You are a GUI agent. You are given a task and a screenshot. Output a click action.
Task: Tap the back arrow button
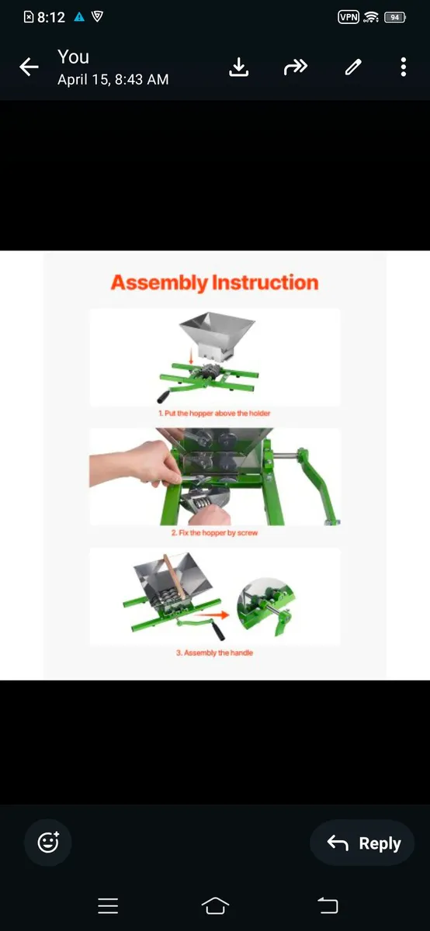29,67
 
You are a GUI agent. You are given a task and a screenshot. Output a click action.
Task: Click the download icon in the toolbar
239,67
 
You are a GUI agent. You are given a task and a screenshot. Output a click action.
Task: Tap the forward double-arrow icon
296,67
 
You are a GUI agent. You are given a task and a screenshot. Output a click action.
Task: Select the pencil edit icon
353,67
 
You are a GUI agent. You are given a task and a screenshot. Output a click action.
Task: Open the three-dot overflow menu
404,67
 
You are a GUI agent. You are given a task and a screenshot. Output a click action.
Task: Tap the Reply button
362,843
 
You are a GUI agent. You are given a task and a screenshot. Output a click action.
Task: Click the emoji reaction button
48,842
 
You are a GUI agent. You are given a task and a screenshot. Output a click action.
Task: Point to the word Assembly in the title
159,282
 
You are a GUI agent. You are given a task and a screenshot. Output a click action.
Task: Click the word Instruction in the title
265,282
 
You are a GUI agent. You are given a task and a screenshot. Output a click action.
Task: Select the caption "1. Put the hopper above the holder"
214,414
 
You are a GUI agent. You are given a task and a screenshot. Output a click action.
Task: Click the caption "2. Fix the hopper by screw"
214,533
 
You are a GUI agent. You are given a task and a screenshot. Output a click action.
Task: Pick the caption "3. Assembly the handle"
214,652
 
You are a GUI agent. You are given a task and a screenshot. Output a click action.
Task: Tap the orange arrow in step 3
220,613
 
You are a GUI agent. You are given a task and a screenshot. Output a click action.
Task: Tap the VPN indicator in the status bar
349,17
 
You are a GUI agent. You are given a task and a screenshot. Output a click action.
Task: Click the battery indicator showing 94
394,17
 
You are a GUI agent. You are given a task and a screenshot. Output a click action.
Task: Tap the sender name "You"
73,57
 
